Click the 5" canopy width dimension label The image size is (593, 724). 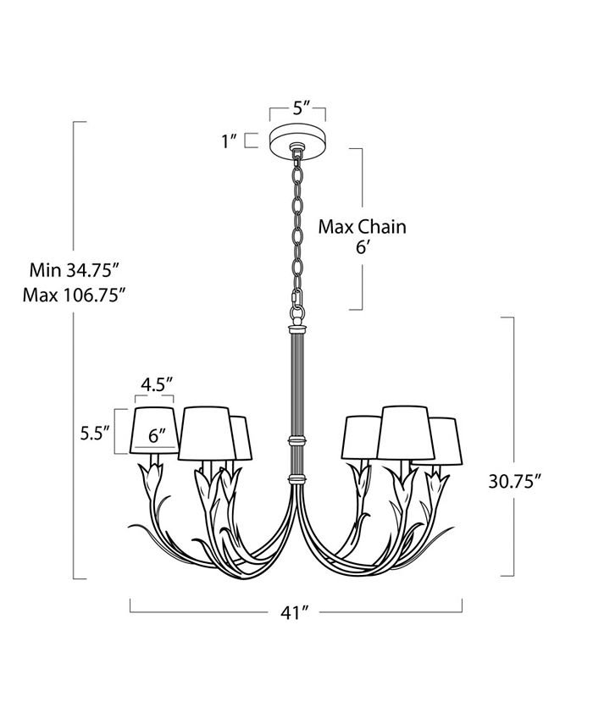[297, 108]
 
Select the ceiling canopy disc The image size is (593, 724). [297, 139]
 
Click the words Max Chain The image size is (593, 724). [362, 227]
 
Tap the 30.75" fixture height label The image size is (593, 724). [515, 480]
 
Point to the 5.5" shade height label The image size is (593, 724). [96, 433]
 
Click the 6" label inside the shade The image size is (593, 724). [157, 437]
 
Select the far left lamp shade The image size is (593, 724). [155, 432]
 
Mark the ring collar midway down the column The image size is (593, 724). [296, 441]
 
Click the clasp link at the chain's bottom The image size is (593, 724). [296, 298]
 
